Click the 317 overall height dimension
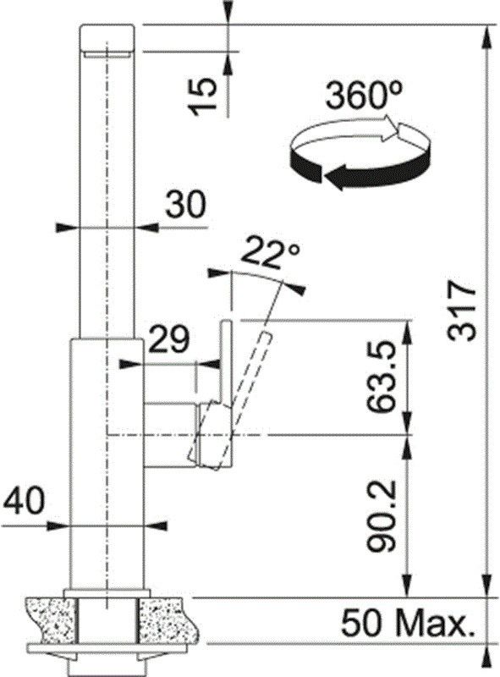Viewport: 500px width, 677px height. tap(462, 311)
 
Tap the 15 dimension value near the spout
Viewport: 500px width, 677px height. tap(203, 97)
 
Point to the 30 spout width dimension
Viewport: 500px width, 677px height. tap(185, 204)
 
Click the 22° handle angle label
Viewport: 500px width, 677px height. tap(270, 253)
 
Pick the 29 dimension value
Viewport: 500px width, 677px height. tap(169, 339)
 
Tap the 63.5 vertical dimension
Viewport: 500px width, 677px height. tap(382, 376)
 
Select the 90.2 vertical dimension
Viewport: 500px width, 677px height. tap(382, 516)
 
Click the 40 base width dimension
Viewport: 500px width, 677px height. tap(24, 501)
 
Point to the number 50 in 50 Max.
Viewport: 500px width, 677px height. tap(362, 623)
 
